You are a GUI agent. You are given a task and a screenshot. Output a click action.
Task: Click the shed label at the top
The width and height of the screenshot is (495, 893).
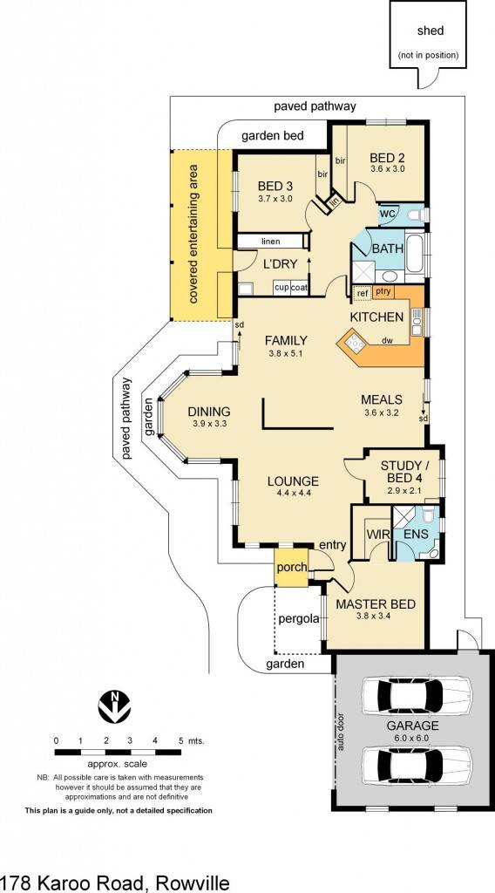point(430,31)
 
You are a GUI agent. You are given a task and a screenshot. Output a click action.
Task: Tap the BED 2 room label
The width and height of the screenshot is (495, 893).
point(387,158)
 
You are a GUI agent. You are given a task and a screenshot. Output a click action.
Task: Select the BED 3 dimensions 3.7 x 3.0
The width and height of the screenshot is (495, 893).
point(275,199)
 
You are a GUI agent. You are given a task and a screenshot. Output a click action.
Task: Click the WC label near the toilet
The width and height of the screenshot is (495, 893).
point(388,214)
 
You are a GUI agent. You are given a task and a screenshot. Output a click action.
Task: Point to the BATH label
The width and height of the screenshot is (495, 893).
point(388,249)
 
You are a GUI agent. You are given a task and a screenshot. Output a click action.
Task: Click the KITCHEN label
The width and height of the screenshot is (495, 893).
point(376,317)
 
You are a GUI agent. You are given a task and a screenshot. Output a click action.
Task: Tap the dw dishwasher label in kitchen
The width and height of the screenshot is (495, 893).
point(388,341)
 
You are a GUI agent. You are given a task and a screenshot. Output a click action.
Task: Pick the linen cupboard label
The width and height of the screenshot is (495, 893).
point(269,241)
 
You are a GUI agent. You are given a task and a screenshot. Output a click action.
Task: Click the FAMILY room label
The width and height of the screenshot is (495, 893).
point(287,340)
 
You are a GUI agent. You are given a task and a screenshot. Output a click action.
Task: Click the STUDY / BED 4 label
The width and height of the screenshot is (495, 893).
point(402,471)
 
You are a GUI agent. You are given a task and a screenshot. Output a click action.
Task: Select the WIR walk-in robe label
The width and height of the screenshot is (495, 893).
point(376,532)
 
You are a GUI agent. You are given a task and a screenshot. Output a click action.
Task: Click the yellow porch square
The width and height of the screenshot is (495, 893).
point(291,567)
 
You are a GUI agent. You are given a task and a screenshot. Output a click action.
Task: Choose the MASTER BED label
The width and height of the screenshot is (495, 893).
point(375,604)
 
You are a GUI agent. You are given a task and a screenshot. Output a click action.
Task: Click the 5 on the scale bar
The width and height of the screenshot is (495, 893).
point(181,740)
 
